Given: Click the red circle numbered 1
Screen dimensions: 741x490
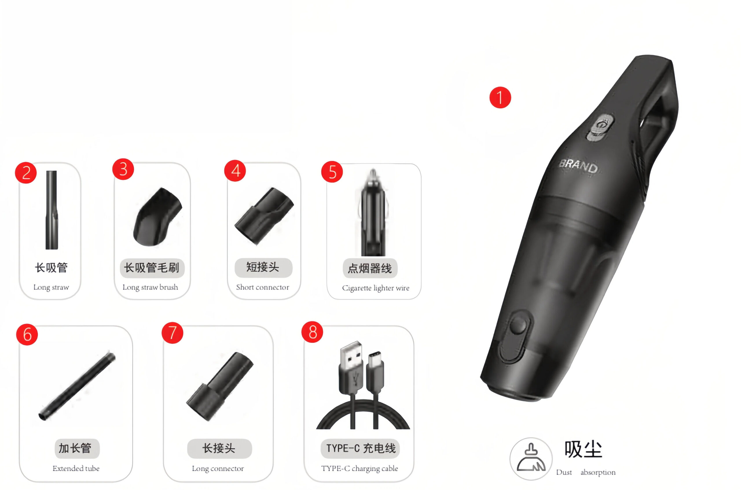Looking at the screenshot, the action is (500, 97).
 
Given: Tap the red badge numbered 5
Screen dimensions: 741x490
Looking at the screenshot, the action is (332, 172).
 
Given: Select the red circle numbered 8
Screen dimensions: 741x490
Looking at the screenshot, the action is (312, 332).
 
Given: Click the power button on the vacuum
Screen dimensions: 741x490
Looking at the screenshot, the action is (600, 127).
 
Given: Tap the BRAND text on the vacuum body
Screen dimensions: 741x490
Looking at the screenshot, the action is (578, 166).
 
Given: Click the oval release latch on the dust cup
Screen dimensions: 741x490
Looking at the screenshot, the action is (515, 336).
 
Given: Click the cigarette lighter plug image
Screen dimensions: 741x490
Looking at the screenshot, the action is (373, 212).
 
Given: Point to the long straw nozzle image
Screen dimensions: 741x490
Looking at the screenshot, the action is (52, 210).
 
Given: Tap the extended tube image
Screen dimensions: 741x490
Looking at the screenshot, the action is (77, 386).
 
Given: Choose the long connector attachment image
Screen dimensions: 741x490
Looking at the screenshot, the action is (220, 386).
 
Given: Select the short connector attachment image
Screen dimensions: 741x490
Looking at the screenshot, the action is (264, 216).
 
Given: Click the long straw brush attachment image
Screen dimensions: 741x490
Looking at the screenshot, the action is (158, 217).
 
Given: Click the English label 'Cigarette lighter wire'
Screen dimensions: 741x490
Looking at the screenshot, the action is (375, 288).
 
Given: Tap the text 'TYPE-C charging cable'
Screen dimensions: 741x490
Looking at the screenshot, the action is (360, 469).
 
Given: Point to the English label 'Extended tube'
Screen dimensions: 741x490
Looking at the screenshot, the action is (76, 468).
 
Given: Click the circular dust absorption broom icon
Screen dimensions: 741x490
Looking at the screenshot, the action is (531, 459).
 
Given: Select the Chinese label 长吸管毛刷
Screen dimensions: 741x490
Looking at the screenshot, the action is (152, 268).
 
